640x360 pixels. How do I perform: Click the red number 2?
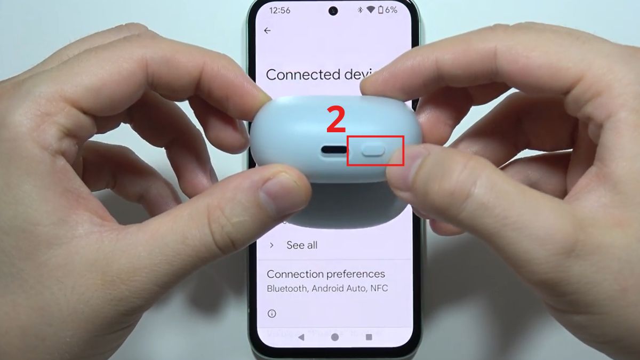click(x=336, y=121)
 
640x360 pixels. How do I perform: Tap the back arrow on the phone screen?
click(x=267, y=31)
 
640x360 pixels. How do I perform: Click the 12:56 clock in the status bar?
click(x=280, y=10)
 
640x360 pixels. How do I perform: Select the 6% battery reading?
click(x=391, y=10)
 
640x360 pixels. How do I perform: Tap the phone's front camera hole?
click(x=334, y=10)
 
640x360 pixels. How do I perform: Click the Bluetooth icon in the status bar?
click(x=360, y=10)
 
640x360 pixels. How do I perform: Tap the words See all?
click(x=302, y=245)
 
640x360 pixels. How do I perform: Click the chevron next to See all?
click(x=271, y=245)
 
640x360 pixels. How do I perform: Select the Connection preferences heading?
click(x=325, y=274)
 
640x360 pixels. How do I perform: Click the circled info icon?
click(x=271, y=313)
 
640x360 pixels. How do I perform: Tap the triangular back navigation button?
click(x=301, y=337)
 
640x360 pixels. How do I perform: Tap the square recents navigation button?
click(x=369, y=337)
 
